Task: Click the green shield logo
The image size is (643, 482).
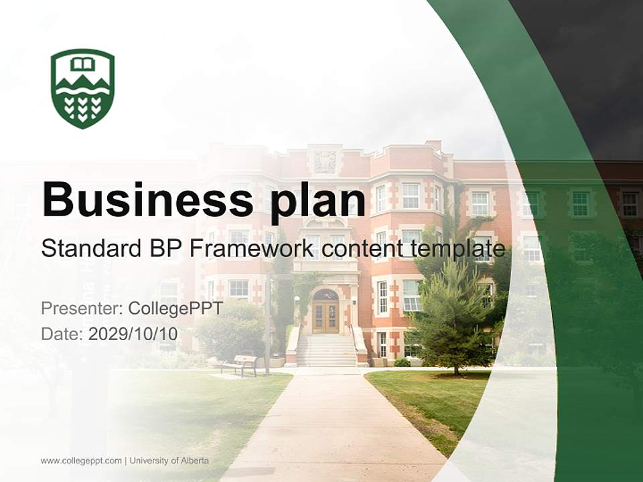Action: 82,88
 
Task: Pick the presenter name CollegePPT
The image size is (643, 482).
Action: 175,309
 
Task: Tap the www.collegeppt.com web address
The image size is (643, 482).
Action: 81,461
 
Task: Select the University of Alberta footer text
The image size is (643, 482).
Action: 169,461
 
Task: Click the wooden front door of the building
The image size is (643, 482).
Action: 326,317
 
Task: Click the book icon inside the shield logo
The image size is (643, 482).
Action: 82,64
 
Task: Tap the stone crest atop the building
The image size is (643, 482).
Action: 326,161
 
